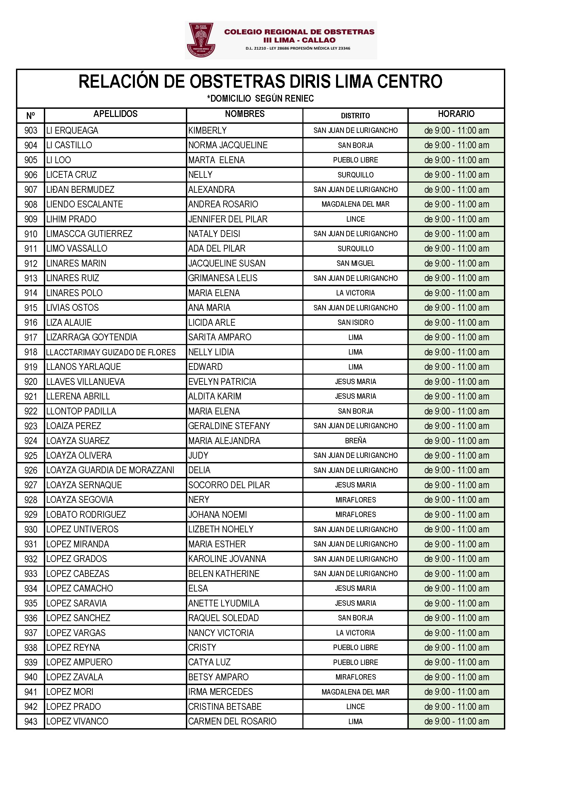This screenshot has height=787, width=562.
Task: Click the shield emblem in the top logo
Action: click(x=201, y=40)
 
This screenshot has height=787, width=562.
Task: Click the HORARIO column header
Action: click(x=456, y=114)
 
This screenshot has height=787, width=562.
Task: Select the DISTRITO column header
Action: click(x=355, y=116)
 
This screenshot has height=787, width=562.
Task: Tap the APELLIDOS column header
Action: click(x=115, y=114)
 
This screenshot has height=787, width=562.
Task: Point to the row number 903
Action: click(x=31, y=131)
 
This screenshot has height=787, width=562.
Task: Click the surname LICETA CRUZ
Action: click(x=72, y=175)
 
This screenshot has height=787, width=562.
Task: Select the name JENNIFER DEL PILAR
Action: click(x=228, y=219)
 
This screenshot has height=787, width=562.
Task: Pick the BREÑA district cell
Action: click(x=355, y=441)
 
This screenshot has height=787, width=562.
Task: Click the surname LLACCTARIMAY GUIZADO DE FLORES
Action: click(x=111, y=352)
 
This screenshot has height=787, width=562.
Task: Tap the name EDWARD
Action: click(x=205, y=367)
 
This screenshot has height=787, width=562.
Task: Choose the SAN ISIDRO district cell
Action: click(x=355, y=323)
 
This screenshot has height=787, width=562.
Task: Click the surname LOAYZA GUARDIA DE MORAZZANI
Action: click(x=110, y=470)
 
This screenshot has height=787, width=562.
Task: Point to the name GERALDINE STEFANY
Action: click(x=229, y=426)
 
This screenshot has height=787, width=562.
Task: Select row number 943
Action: click(x=31, y=722)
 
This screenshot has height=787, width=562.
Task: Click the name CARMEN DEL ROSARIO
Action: click(x=232, y=722)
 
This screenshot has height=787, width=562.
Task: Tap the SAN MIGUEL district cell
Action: click(x=355, y=263)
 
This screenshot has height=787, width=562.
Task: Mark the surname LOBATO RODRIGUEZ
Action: click(x=86, y=514)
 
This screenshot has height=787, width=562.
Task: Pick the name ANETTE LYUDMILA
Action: click(x=224, y=603)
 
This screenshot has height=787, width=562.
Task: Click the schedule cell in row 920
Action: click(x=456, y=382)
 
